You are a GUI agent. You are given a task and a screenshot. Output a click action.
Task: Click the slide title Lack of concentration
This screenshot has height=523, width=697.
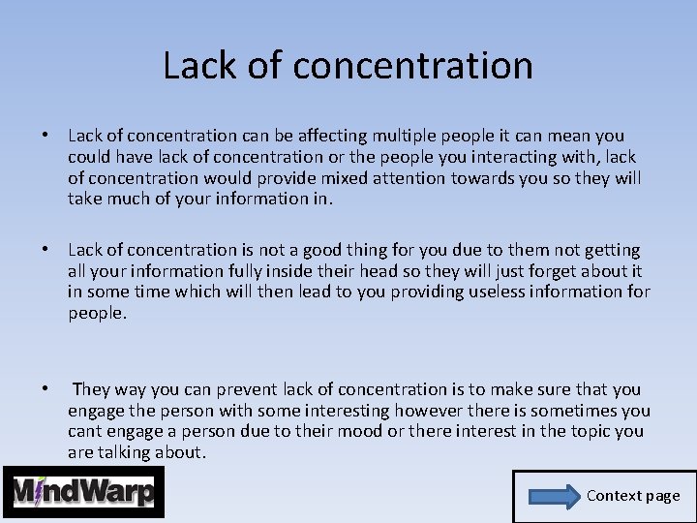tap(348, 66)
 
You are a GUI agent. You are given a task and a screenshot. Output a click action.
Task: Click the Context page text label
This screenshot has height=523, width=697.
tap(633, 496)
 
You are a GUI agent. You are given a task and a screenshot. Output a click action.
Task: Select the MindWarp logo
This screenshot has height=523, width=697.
tap(83, 492)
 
